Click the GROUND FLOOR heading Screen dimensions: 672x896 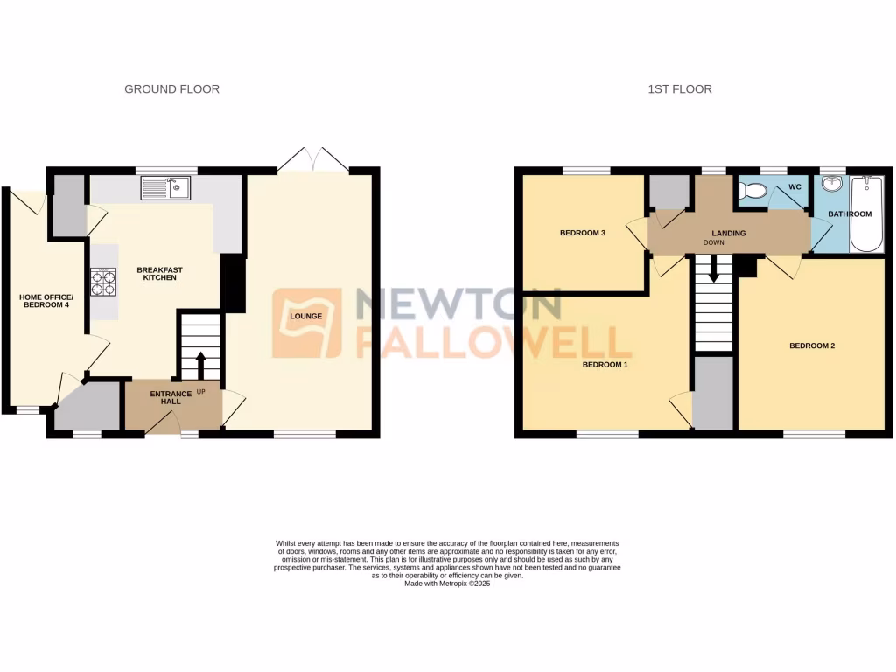pos(171,89)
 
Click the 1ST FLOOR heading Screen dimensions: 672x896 pos(679,89)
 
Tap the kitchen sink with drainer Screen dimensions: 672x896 pos(166,188)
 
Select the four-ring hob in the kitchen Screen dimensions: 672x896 pos(102,282)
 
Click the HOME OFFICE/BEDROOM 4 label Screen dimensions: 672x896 pos(47,302)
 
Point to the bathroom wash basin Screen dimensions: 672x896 pos(832,185)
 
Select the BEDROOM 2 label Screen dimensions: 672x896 pos(812,346)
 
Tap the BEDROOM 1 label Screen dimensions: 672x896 pos(605,365)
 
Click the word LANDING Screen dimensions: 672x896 pos(728,233)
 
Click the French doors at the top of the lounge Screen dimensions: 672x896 pos(311,160)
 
